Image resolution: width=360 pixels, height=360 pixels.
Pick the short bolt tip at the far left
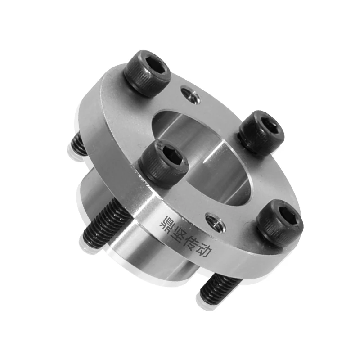tap(77, 145)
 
